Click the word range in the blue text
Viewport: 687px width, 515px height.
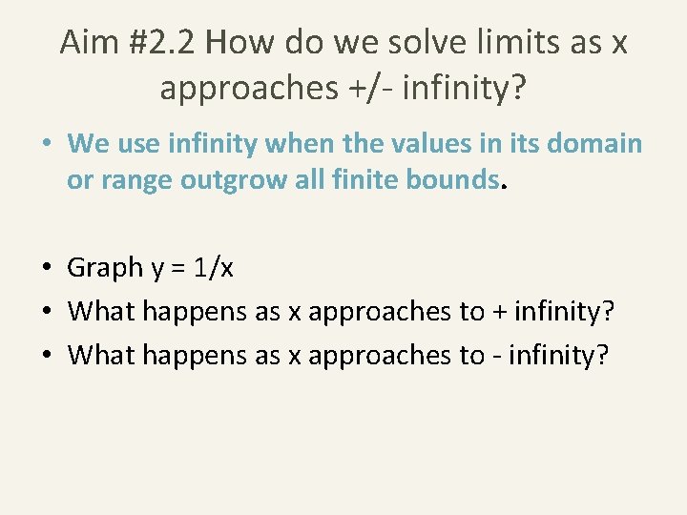pyautogui.click(x=133, y=179)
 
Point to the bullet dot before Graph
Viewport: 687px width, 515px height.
pyautogui.click(x=47, y=268)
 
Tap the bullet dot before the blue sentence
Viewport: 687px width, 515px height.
pyautogui.click(x=47, y=143)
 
